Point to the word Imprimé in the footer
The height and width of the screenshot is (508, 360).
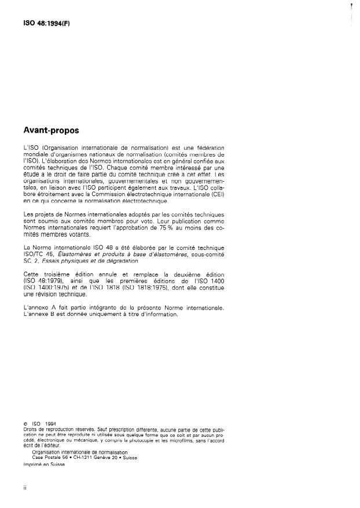pyautogui.click(x=34, y=462)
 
